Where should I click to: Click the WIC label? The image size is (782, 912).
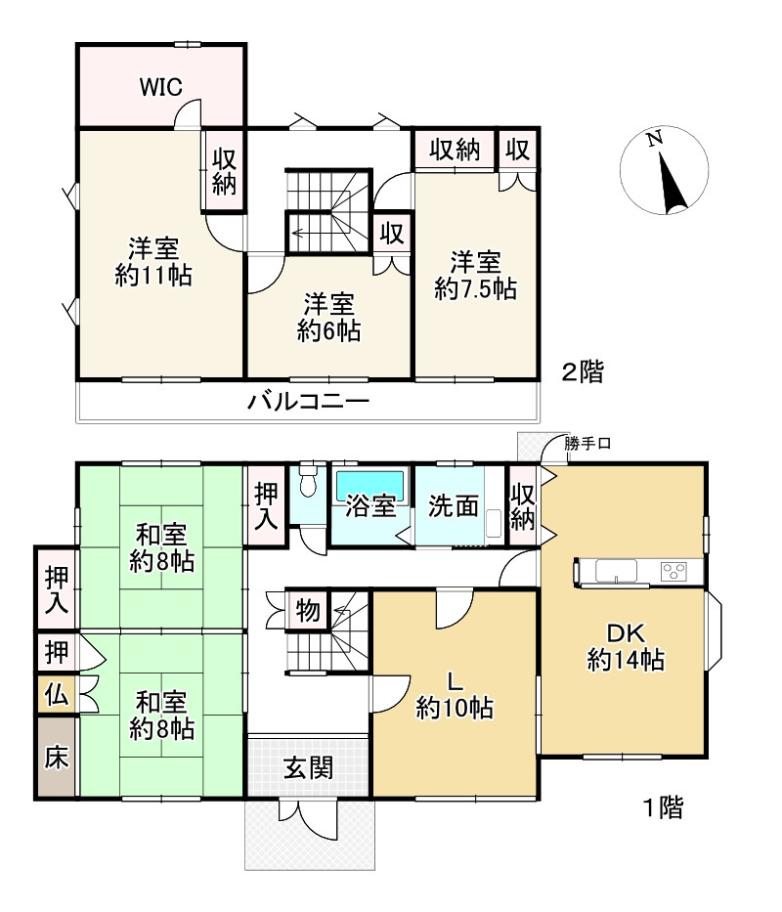(x=160, y=87)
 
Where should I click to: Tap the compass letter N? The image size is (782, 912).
(x=655, y=139)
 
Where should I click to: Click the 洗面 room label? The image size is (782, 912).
(x=454, y=506)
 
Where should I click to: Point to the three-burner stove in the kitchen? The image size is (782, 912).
(x=673, y=571)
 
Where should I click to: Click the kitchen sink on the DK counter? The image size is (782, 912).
(x=616, y=570)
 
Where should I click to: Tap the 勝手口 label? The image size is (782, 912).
(x=587, y=444)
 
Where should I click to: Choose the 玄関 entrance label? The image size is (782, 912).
(x=308, y=768)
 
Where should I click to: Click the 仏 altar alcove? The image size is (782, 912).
(x=57, y=694)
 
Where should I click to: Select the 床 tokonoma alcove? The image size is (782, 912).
(x=57, y=757)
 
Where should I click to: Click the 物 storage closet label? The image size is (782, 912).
(x=308, y=611)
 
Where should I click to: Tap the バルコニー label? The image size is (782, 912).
(x=308, y=402)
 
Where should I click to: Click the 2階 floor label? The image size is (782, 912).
(x=583, y=371)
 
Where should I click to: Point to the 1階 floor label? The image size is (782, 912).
(x=663, y=807)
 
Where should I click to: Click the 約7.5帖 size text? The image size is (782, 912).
(x=475, y=289)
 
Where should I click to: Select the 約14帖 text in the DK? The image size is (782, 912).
(x=626, y=660)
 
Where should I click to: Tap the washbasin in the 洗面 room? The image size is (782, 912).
(x=494, y=524)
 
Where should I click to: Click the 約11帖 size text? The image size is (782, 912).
(x=153, y=275)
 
